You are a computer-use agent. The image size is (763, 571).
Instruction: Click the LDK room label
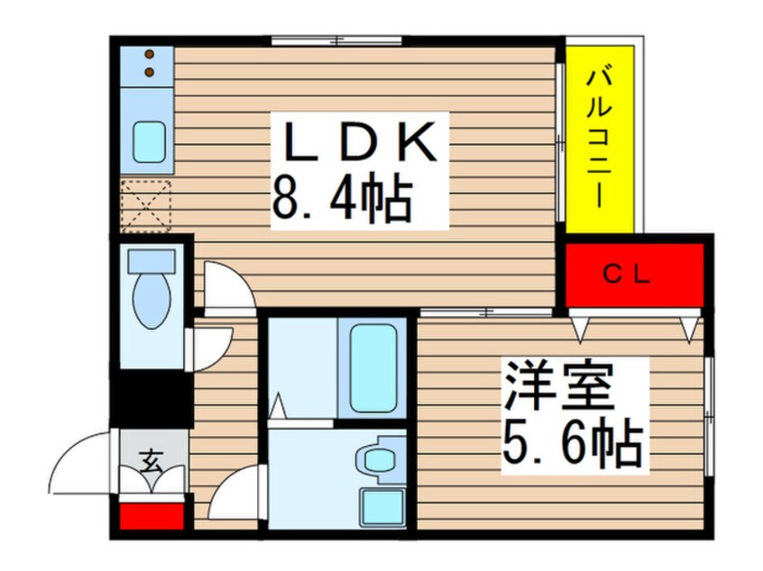[x=360, y=140]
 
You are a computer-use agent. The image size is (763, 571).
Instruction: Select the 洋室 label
[x=557, y=388]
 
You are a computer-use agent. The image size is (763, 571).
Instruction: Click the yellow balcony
[x=600, y=140]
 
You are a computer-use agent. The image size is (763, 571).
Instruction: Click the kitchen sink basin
[x=149, y=142]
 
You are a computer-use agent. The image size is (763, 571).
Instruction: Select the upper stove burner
[x=150, y=54]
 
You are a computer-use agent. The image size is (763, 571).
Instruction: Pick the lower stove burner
[x=150, y=72]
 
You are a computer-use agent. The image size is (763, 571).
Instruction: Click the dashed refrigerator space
[x=146, y=204]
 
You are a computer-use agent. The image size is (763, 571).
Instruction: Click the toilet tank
[x=152, y=261]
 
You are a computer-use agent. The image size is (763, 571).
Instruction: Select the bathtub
[x=372, y=367]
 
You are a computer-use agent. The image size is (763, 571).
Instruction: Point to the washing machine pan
[x=382, y=507]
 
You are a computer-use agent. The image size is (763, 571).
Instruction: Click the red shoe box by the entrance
[x=152, y=515]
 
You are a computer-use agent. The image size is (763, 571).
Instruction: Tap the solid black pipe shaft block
[x=152, y=398]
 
